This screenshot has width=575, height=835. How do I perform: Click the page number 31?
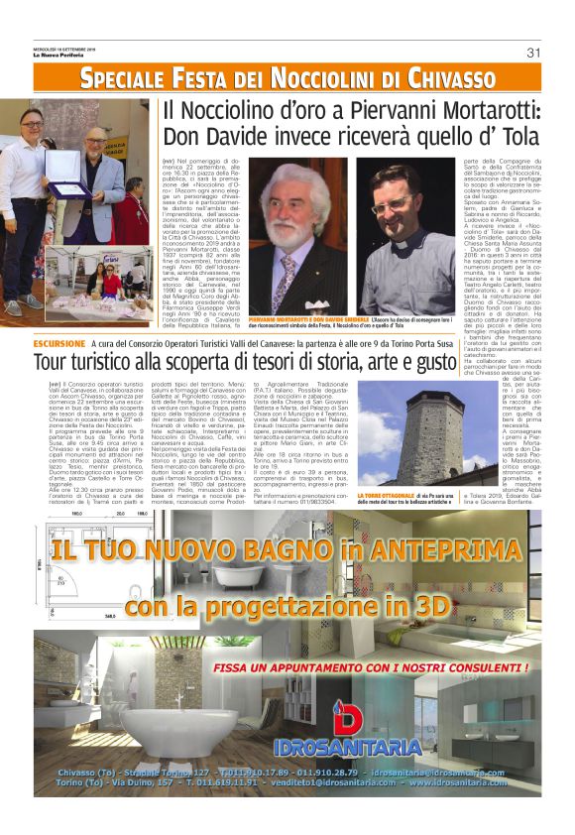[532, 53]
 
